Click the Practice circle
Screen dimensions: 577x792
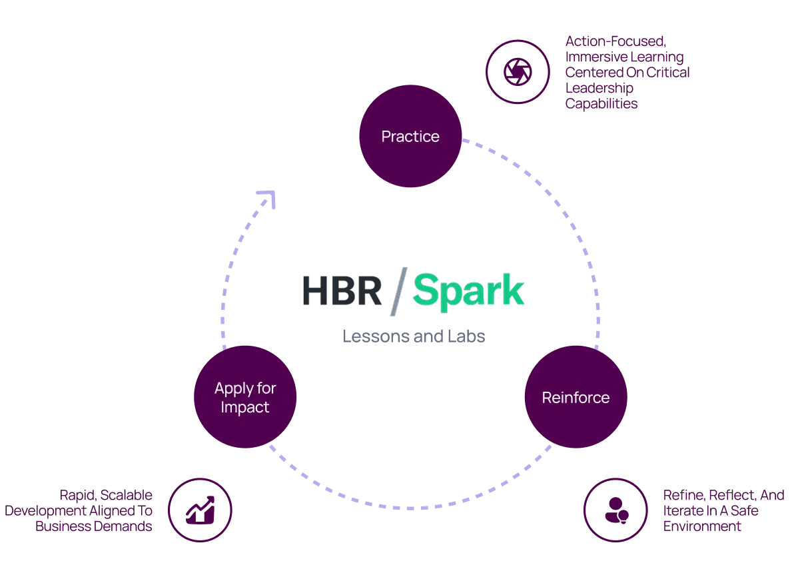(x=410, y=137)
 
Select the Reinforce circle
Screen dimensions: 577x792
(x=576, y=398)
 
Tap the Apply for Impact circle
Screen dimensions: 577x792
(x=245, y=398)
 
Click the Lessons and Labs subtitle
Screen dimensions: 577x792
(x=412, y=336)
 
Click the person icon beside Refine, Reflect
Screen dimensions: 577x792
(x=613, y=509)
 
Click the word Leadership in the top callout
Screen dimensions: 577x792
(x=599, y=88)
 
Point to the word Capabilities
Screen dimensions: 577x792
(x=601, y=104)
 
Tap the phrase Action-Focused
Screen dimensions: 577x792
(x=614, y=41)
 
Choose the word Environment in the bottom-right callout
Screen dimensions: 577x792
(x=702, y=526)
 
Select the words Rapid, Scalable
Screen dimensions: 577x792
(x=107, y=495)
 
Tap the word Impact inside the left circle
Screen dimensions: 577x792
(x=245, y=407)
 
